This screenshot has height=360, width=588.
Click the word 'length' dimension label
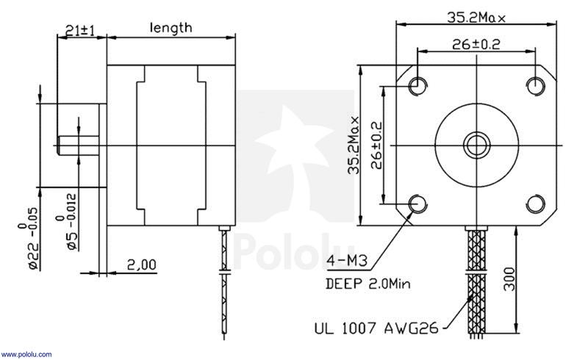[x=171, y=27]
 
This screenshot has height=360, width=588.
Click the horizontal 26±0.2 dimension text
[x=475, y=44]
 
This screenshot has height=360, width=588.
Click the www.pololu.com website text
[x=26, y=354]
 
